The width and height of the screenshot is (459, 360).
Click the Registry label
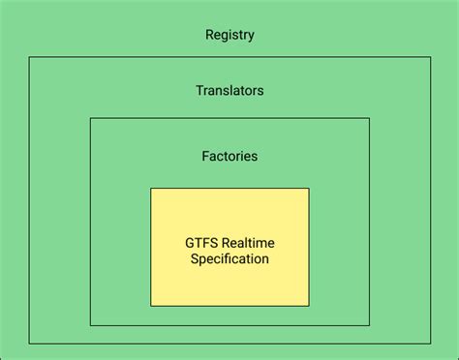(229, 36)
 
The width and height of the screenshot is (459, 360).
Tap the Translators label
(229, 91)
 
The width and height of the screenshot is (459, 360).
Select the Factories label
(229, 155)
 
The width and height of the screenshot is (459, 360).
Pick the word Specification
(229, 259)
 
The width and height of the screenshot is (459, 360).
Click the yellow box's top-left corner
(151, 189)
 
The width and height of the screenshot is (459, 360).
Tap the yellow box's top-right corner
(309, 189)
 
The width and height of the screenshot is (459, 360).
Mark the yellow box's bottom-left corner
(151, 306)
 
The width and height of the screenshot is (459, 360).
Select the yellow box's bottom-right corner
(309, 306)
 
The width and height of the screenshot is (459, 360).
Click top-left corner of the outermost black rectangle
(29, 58)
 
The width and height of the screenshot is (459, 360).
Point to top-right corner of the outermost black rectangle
(431, 58)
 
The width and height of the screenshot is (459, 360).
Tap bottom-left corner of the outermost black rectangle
(29, 344)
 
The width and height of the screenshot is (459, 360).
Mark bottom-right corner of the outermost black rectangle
(431, 344)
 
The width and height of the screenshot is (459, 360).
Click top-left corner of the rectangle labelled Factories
(90, 118)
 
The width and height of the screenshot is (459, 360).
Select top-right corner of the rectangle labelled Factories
(369, 118)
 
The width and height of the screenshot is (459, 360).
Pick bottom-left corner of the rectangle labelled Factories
(90, 325)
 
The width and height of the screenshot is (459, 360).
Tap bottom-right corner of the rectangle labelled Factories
(369, 325)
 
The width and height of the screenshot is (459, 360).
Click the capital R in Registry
(209, 36)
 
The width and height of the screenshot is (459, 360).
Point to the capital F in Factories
(205, 155)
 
